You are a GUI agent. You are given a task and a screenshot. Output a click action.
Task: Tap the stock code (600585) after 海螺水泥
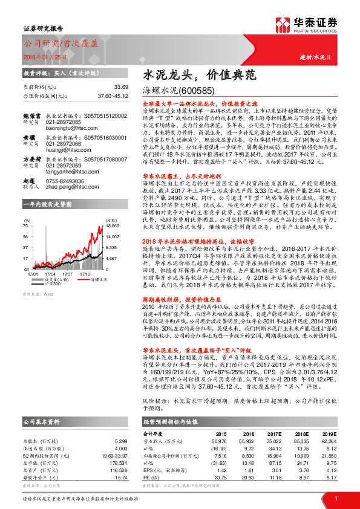click(198, 92)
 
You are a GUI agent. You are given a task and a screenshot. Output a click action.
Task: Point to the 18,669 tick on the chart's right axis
click(114, 225)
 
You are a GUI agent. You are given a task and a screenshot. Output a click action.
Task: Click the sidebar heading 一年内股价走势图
click(47, 206)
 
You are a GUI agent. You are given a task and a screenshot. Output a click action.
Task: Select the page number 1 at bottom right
click(335, 498)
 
